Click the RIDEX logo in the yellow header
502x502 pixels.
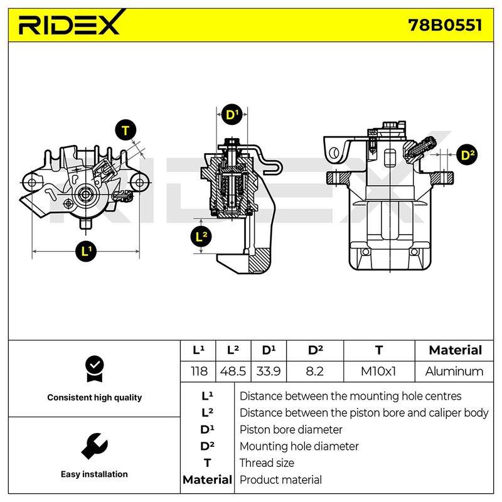click(x=71, y=23)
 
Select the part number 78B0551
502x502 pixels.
click(x=445, y=25)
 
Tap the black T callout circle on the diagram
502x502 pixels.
click(x=125, y=131)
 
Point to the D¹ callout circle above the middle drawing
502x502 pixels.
click(x=232, y=114)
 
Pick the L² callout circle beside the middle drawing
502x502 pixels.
click(x=201, y=237)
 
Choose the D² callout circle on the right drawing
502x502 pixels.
click(x=467, y=155)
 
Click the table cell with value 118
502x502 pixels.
click(x=199, y=371)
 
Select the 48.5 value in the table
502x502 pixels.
click(x=233, y=371)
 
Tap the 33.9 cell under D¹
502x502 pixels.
click(x=269, y=371)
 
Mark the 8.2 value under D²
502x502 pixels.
click(x=314, y=371)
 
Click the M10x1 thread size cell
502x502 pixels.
click(x=378, y=371)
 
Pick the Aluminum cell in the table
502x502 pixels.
click(x=454, y=371)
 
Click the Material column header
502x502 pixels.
click(x=456, y=350)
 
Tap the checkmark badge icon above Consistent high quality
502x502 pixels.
click(x=95, y=369)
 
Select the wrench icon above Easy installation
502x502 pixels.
click(x=95, y=446)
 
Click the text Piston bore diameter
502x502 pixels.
click(x=291, y=430)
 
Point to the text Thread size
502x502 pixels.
click(x=267, y=463)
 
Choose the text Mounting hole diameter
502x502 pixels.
click(x=299, y=446)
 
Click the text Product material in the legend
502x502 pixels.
click(x=280, y=480)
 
